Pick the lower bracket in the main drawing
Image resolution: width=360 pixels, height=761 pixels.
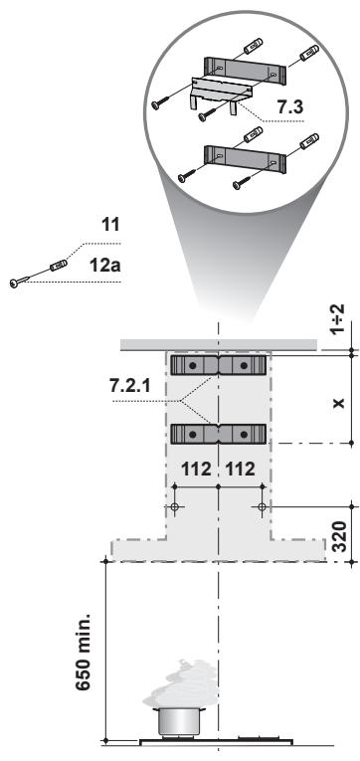click(x=218, y=434)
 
